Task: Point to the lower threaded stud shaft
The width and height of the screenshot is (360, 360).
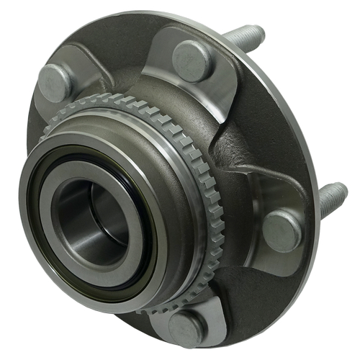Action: coord(331,195)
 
